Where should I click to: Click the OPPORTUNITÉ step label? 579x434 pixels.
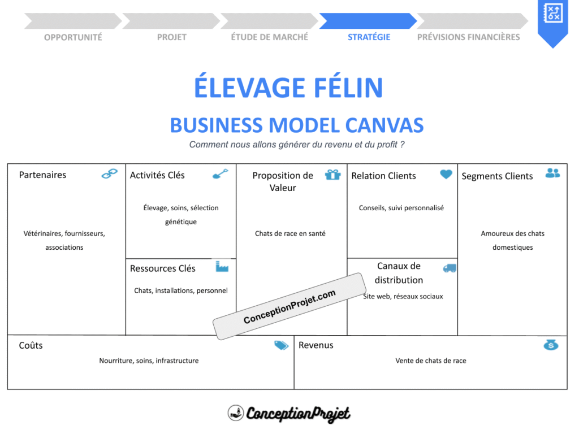(73, 37)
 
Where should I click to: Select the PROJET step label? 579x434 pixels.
(171, 37)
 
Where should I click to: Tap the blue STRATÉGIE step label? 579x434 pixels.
(369, 37)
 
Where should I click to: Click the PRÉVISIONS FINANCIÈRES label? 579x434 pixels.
(468, 37)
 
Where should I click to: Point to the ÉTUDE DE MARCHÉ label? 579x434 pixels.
(270, 37)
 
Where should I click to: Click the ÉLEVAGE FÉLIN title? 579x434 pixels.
(289, 88)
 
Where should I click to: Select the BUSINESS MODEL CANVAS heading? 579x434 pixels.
(297, 125)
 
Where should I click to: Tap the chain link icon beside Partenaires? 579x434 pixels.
(109, 174)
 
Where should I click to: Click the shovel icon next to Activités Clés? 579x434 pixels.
(220, 174)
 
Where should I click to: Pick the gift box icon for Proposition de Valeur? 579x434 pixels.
(332, 175)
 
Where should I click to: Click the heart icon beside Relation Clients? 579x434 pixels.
(446, 175)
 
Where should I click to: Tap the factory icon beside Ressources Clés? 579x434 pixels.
(222, 266)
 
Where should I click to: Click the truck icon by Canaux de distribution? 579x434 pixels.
(450, 268)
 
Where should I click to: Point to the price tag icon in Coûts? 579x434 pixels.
(281, 345)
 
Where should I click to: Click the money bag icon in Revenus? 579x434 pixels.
(551, 344)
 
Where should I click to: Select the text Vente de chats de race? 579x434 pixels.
(430, 361)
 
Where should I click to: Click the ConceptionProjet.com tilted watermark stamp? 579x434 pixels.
(289, 307)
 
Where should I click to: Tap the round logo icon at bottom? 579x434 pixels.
(236, 413)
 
